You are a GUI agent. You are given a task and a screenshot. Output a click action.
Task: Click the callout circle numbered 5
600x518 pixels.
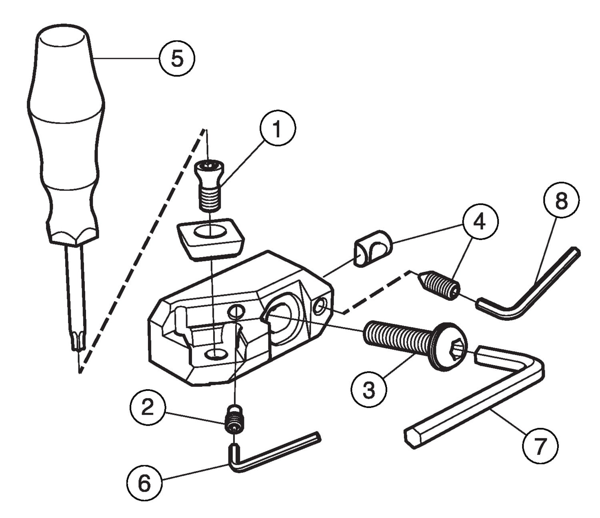[x=177, y=58]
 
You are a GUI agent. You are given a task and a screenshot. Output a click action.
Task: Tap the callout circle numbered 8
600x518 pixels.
[x=561, y=200]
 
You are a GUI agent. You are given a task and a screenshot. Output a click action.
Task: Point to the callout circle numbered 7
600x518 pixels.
[x=540, y=445]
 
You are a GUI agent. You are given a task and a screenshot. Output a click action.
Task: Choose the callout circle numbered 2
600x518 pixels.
[x=147, y=408]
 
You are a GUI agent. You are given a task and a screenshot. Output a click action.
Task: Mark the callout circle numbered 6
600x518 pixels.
[x=144, y=483]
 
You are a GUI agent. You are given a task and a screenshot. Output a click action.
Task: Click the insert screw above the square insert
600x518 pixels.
[x=209, y=186]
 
